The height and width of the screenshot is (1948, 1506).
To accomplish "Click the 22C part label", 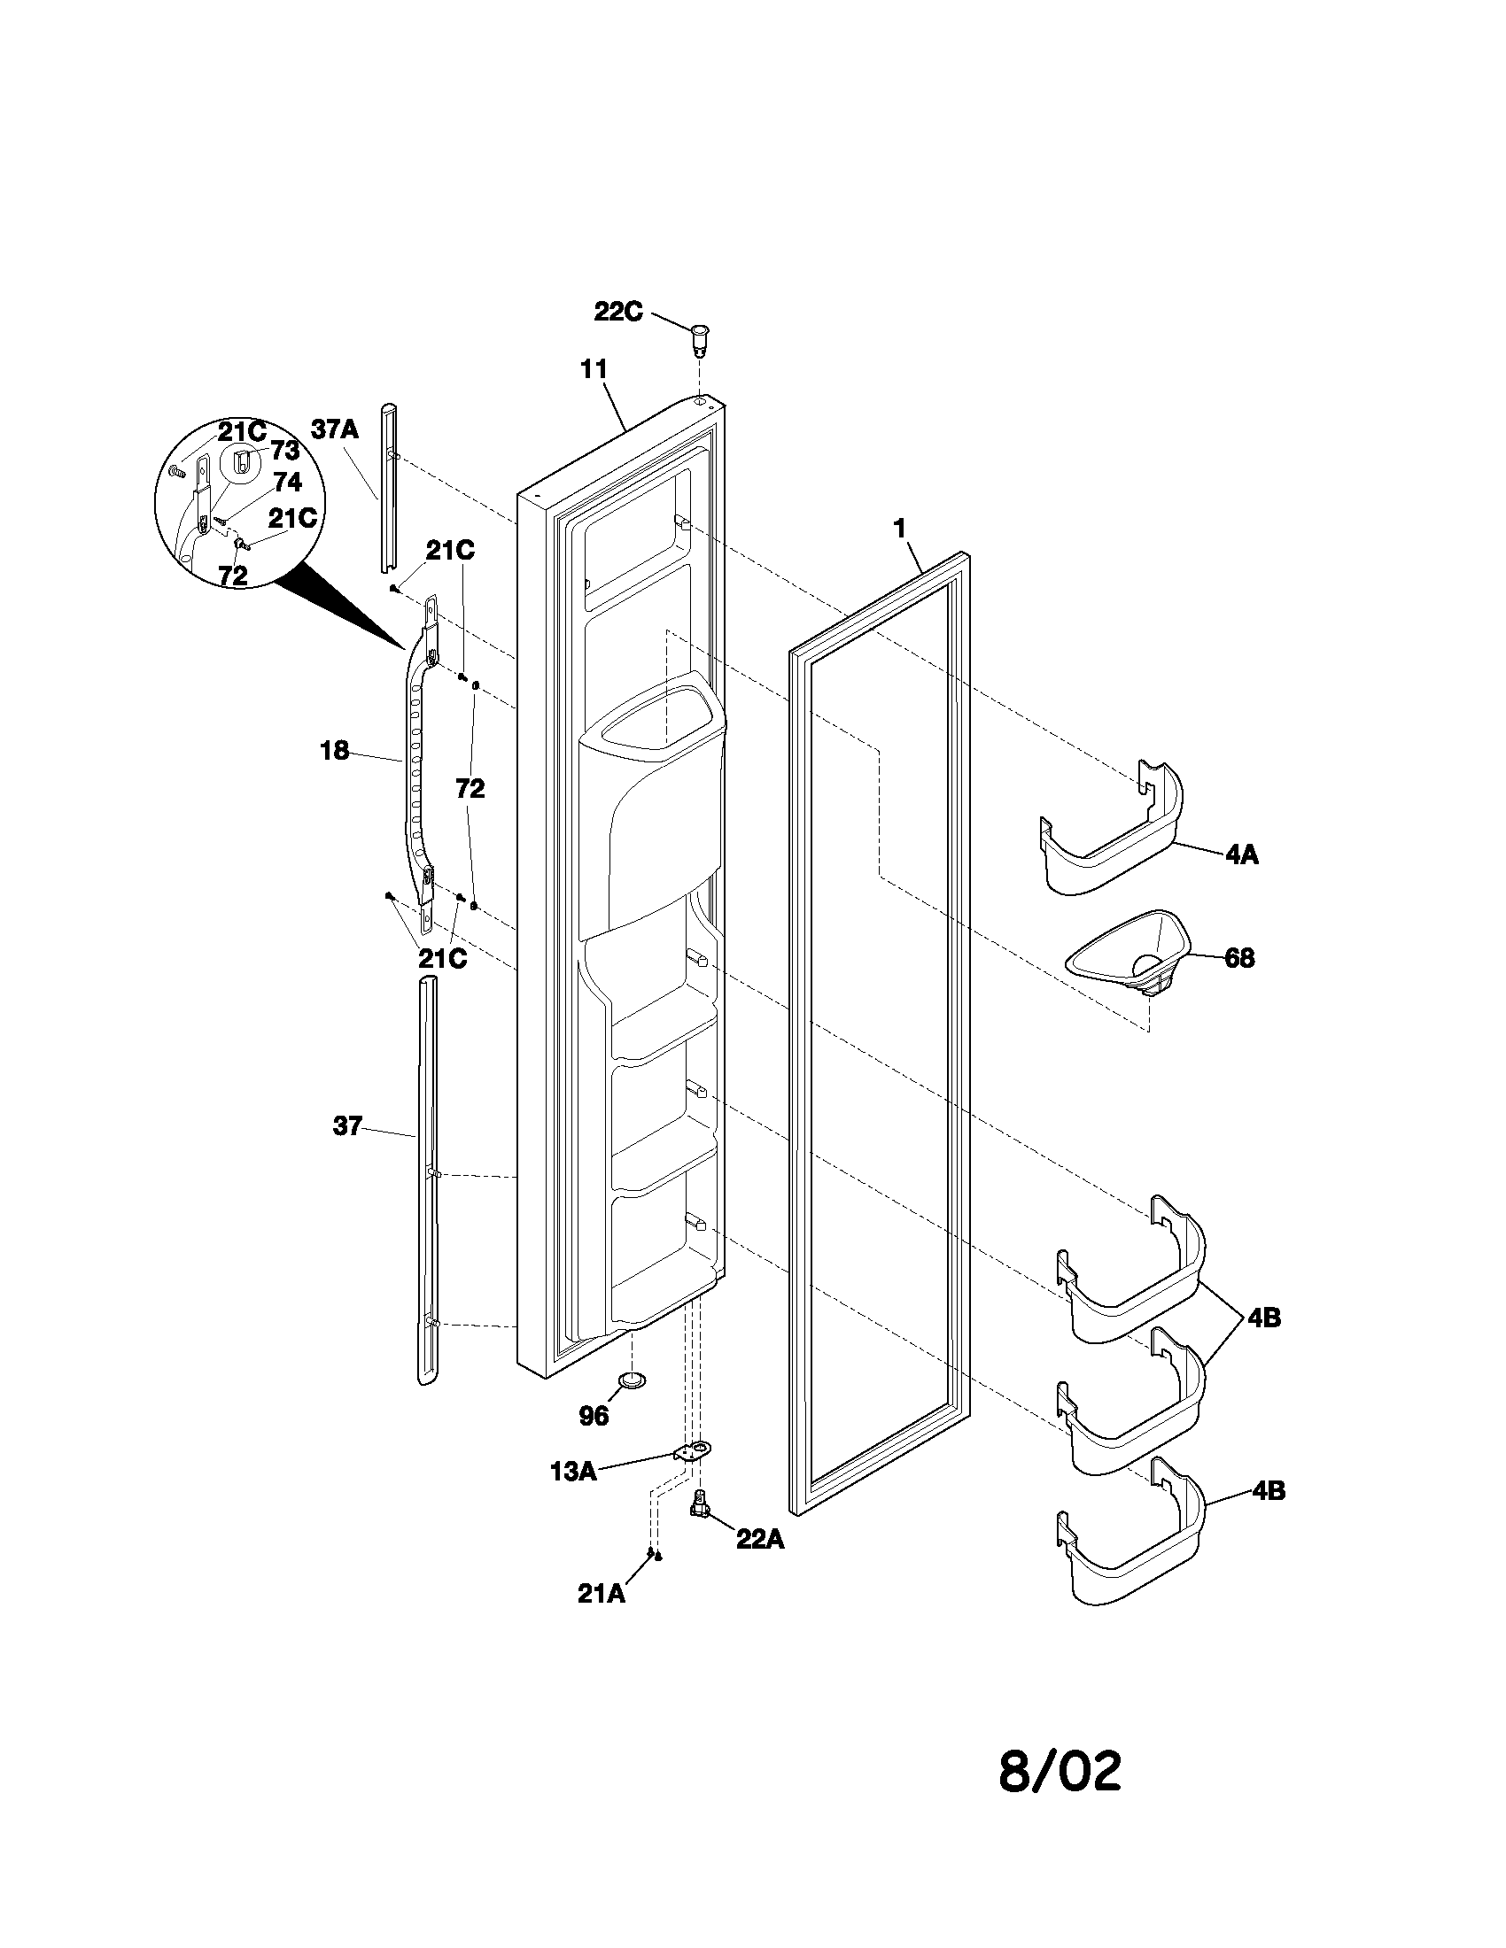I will (618, 313).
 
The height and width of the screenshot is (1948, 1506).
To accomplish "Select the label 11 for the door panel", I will (594, 368).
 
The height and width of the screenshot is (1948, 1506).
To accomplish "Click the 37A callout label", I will (335, 430).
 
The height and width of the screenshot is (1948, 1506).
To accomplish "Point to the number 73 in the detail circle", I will (284, 450).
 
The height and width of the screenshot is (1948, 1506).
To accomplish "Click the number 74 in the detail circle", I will (287, 483).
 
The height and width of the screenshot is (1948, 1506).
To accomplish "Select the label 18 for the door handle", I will (335, 751).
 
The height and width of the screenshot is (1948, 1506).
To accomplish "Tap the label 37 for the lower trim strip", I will (347, 1126).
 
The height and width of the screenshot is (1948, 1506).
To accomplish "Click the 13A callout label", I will (573, 1472).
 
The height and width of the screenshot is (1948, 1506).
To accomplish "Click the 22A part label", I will (760, 1540).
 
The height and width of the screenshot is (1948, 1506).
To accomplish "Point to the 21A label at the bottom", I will (602, 1594).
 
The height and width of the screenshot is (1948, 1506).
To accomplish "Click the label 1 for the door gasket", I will (900, 529).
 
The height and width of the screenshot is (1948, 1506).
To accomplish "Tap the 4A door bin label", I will (1241, 854).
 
